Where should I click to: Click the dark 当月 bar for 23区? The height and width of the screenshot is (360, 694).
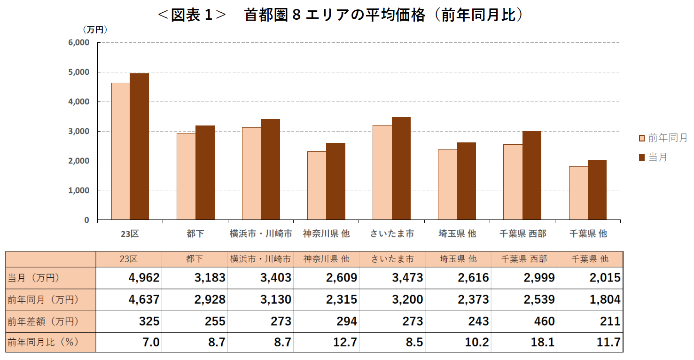pyautogui.click(x=139, y=147)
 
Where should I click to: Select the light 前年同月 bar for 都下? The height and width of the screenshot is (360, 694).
pyautogui.click(x=186, y=176)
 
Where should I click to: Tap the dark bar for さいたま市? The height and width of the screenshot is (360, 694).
pyautogui.click(x=401, y=168)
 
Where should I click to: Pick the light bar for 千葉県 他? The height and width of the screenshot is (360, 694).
pyautogui.click(x=578, y=193)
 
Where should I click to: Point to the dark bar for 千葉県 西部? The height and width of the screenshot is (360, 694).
pyautogui.click(x=531, y=175)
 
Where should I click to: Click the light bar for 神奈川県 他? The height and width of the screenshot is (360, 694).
pyautogui.click(x=317, y=186)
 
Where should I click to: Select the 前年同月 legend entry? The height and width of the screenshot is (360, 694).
pyautogui.click(x=663, y=138)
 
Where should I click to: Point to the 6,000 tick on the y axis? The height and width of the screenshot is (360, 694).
pyautogui.click(x=79, y=43)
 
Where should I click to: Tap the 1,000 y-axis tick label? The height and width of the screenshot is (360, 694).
pyautogui.click(x=79, y=190)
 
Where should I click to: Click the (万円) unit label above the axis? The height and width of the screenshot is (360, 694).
pyautogui.click(x=95, y=30)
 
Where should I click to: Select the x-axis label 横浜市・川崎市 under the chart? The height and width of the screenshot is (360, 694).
pyautogui.click(x=261, y=234)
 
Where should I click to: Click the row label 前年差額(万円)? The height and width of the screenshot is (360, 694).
pyautogui.click(x=43, y=321)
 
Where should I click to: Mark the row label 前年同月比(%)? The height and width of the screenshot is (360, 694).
pyautogui.click(x=43, y=343)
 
